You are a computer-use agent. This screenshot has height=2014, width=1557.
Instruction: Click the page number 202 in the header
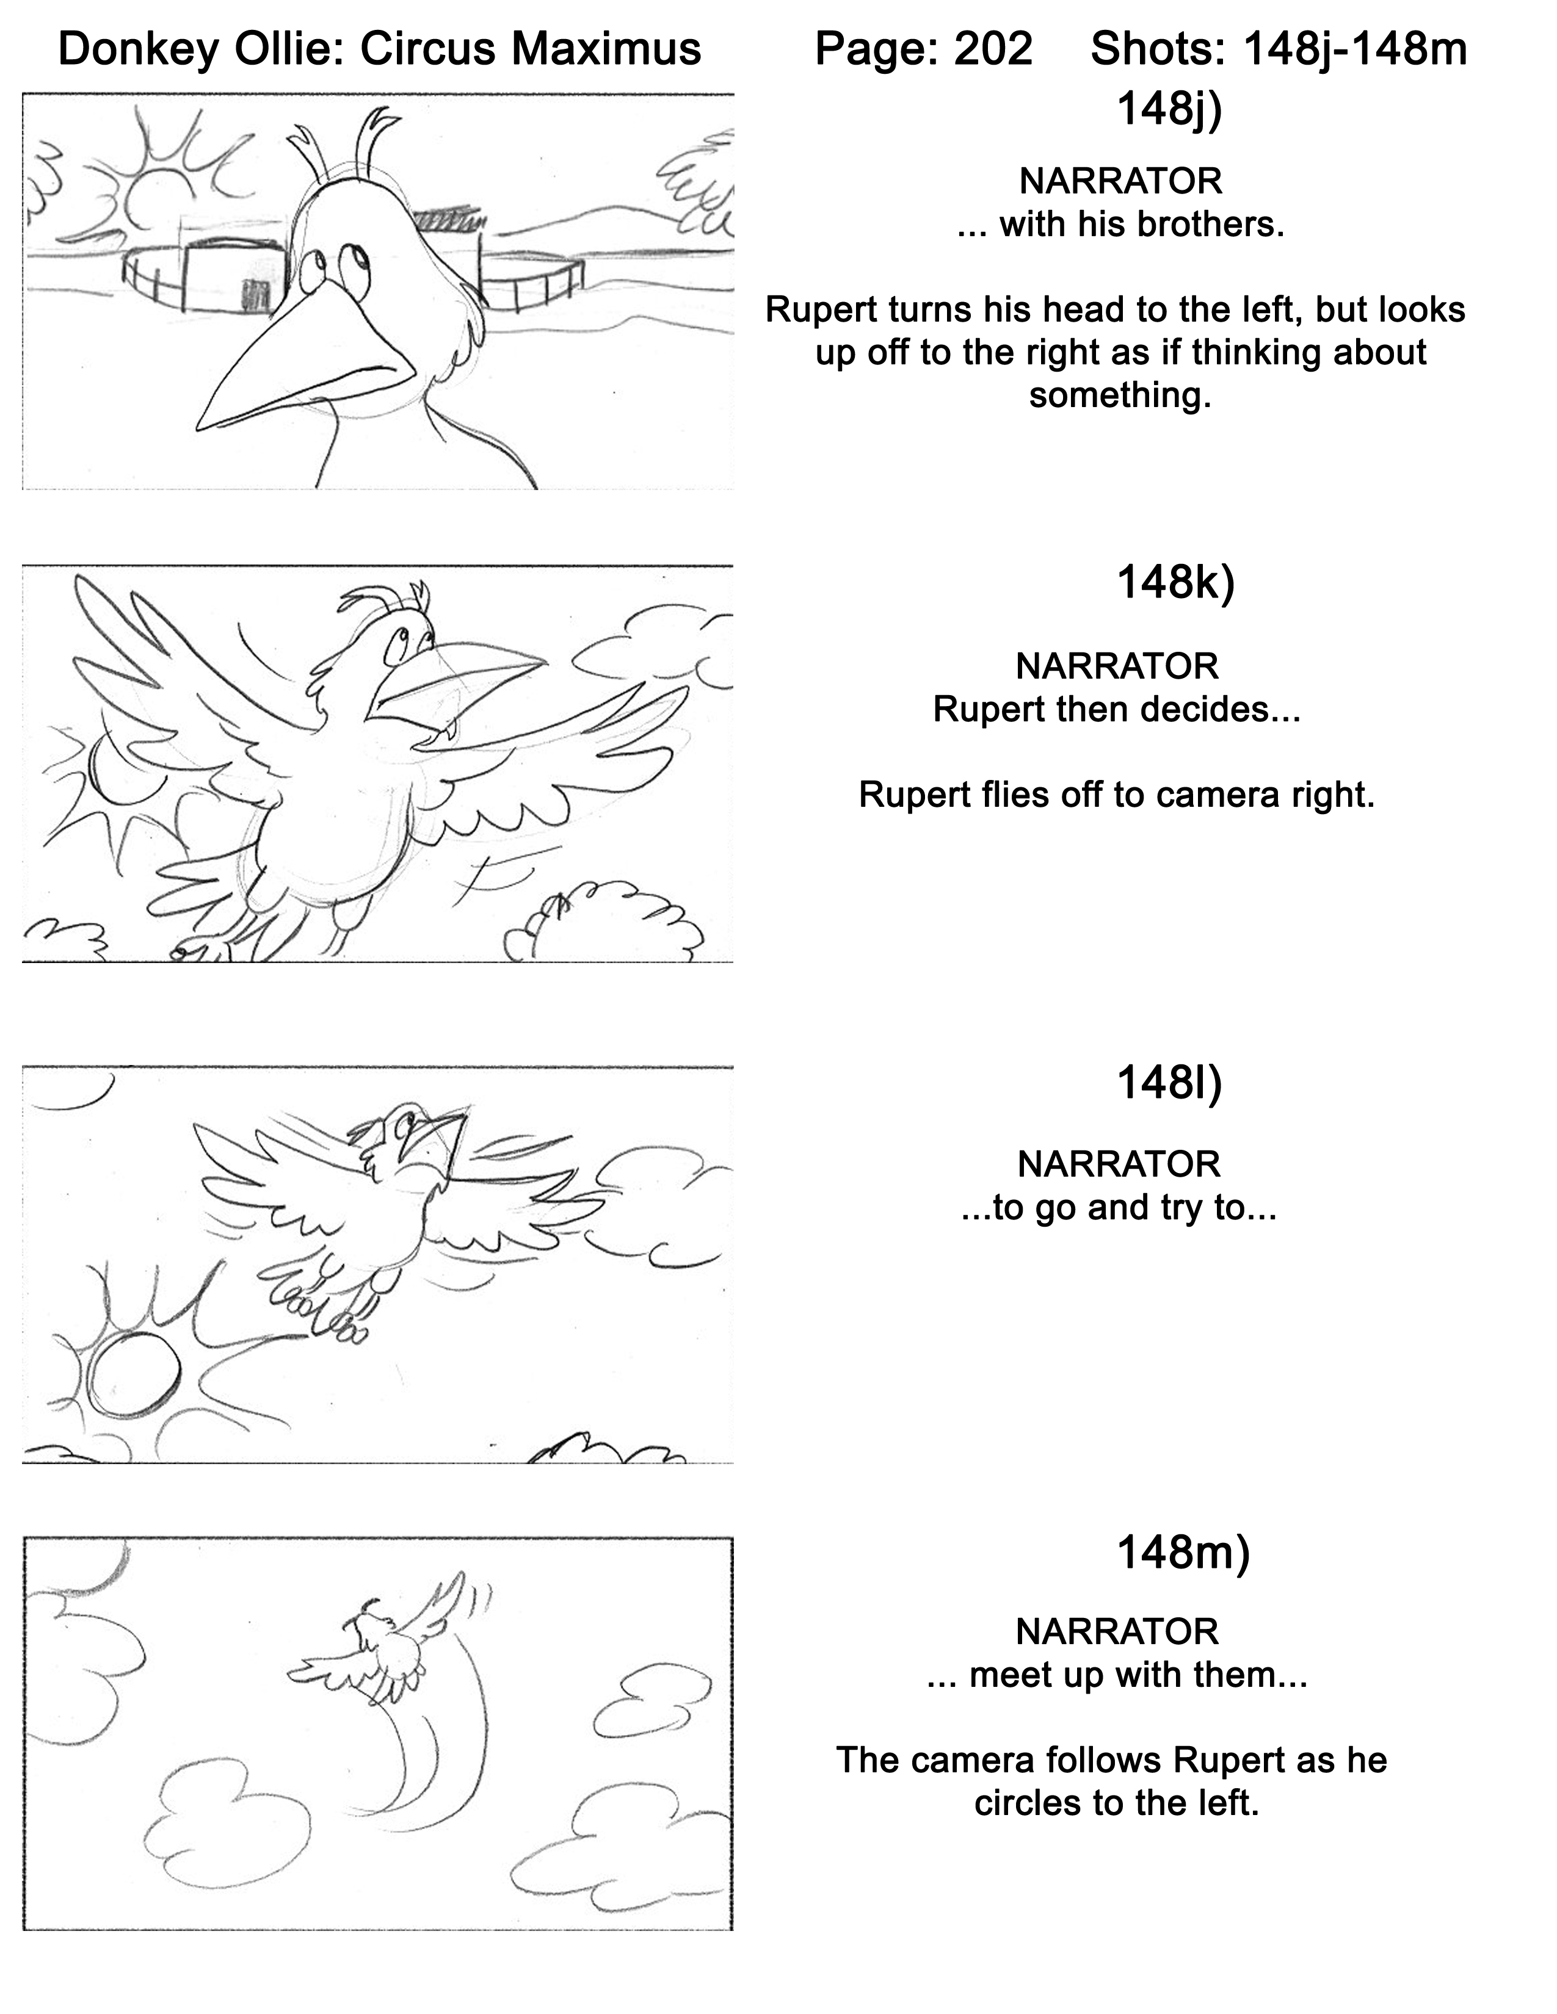point(993,48)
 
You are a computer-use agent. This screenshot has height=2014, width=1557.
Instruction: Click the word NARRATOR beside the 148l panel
point(1119,1164)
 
